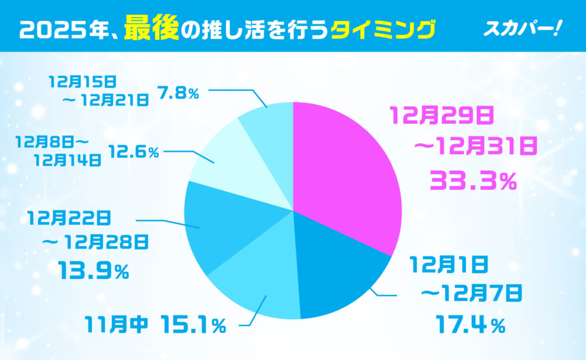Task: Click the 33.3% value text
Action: tap(473, 181)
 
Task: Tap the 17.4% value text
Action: tap(469, 324)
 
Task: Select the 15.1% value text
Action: tap(192, 324)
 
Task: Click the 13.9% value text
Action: tap(93, 270)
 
